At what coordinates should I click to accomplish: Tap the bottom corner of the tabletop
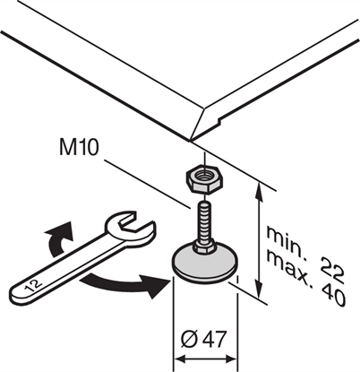pyautogui.click(x=191, y=140)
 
